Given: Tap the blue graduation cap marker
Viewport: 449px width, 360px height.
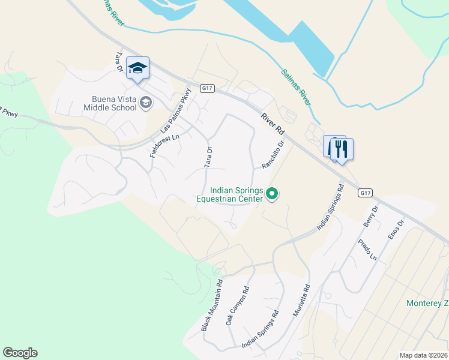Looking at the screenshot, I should [x=137, y=69].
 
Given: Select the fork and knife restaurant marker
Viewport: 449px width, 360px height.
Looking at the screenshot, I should [x=342, y=149].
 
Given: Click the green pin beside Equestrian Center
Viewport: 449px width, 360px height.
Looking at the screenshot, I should [x=272, y=193].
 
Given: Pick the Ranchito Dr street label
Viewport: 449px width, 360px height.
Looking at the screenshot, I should [x=272, y=155].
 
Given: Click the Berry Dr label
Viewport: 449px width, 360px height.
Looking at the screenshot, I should [x=370, y=216].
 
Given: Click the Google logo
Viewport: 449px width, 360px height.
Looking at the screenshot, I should [x=20, y=353].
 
